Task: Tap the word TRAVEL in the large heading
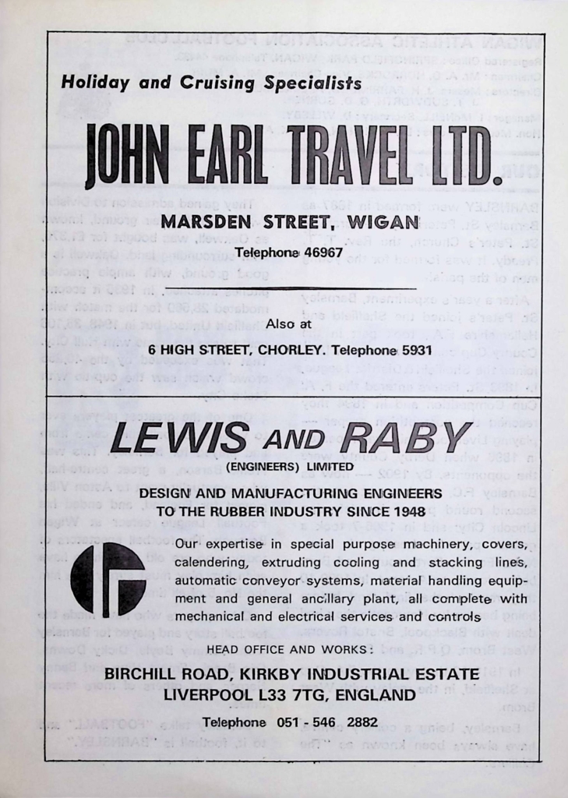[x=354, y=156]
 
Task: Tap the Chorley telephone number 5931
[x=415, y=351]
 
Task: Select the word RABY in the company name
[x=404, y=439]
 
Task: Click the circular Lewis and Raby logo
[x=108, y=579]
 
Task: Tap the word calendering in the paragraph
[x=208, y=562]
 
